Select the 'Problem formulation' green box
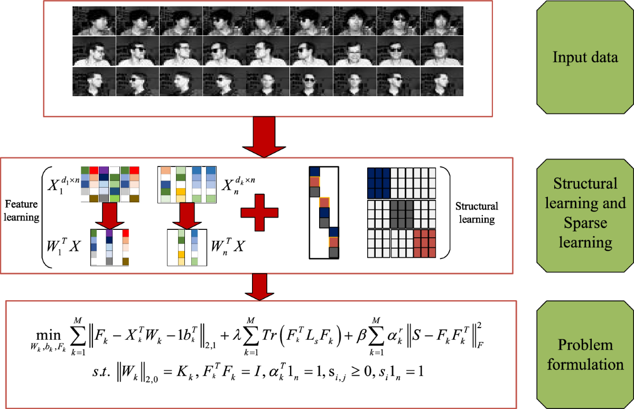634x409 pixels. [585, 355]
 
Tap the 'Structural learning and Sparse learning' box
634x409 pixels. [585, 213]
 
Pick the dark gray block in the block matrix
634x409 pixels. [401, 212]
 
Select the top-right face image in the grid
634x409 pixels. [442, 21]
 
